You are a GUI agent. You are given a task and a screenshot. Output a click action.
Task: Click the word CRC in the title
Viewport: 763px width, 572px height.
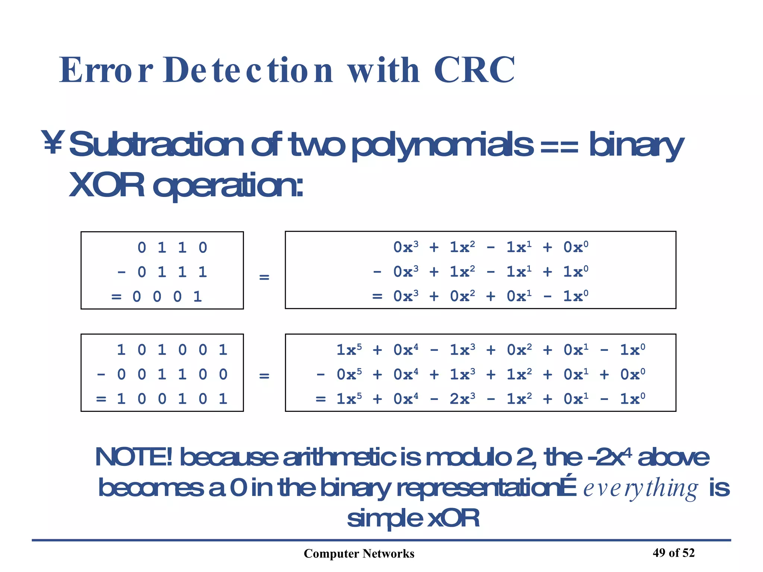474,70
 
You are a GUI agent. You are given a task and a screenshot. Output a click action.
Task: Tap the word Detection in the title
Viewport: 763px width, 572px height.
248,70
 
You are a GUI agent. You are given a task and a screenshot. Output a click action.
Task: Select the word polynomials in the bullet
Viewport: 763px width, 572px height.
442,145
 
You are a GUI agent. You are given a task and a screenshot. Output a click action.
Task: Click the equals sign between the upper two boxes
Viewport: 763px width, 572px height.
264,277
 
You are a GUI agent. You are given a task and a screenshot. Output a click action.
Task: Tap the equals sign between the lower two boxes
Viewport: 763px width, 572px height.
264,376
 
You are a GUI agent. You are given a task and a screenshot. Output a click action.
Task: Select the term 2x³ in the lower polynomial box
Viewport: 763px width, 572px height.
462,399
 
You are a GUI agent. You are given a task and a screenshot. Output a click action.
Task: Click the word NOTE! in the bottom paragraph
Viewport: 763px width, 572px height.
134,457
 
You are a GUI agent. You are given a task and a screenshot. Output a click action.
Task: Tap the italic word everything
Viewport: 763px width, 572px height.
640,488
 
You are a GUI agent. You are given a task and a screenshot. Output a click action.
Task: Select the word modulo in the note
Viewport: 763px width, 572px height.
468,457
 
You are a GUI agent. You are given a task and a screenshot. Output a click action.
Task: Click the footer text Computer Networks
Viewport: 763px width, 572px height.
359,554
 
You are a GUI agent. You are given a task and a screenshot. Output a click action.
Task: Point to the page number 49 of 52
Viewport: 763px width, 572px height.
673,553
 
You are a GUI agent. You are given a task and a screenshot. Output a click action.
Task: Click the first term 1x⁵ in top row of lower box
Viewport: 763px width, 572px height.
349,350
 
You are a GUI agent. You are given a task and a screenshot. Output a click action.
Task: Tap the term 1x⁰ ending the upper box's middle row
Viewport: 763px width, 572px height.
576,272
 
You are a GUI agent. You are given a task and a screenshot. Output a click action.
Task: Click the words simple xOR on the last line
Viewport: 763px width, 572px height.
413,518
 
